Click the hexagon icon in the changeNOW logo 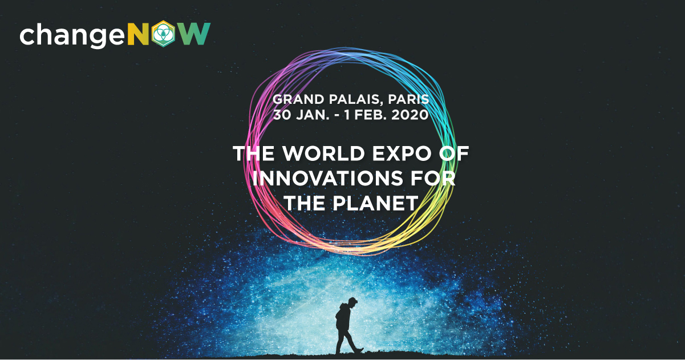point(163,34)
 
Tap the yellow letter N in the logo point(138,34)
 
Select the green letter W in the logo point(195,34)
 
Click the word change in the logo point(72,35)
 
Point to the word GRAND point(298,99)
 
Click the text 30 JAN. point(301,115)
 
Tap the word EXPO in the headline point(402,153)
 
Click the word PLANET point(375,203)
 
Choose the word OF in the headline point(454,153)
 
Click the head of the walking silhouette point(352,302)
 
